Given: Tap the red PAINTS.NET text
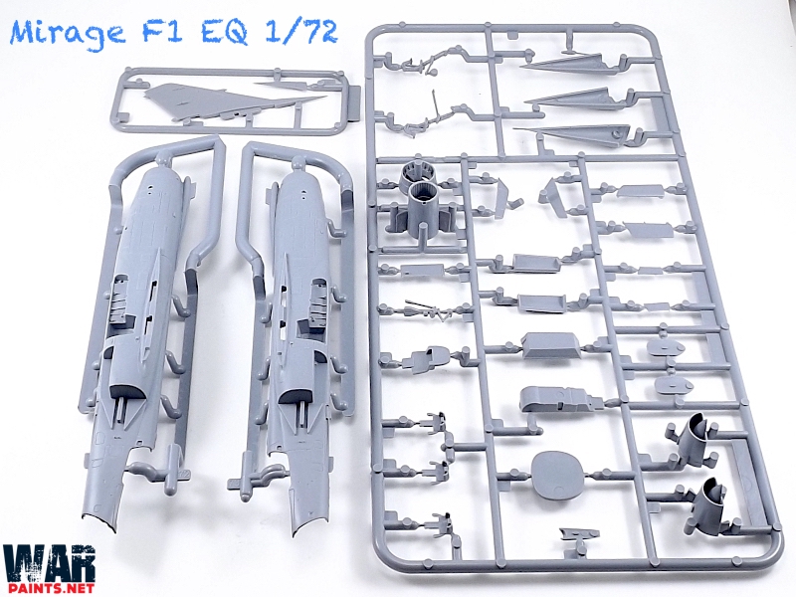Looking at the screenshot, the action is pyautogui.click(x=48, y=588).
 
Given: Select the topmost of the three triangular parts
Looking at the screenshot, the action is pyautogui.click(x=571, y=64).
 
